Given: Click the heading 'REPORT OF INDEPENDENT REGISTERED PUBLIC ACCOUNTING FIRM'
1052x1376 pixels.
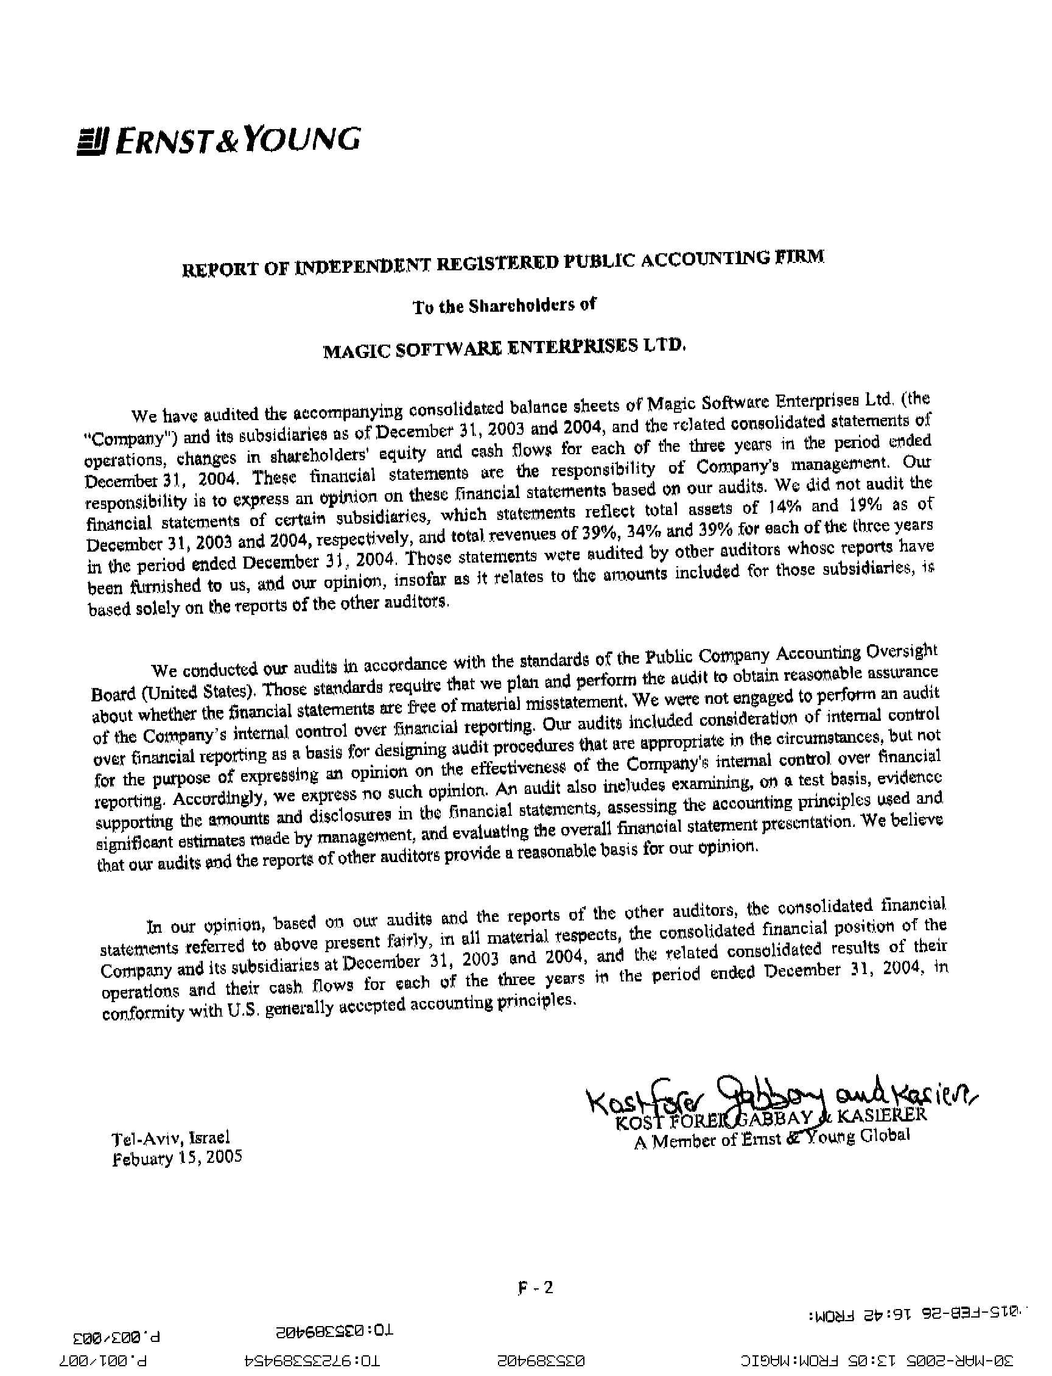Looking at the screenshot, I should pos(503,263).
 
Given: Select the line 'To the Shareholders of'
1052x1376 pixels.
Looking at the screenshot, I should pos(504,306).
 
